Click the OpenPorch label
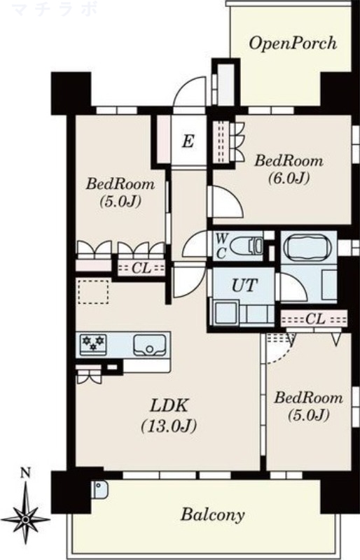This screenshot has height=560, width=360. [293, 43]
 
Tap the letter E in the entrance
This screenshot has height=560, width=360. [188, 141]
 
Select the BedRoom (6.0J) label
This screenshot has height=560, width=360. [289, 169]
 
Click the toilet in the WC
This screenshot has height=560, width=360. [247, 246]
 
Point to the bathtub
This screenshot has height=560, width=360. [308, 246]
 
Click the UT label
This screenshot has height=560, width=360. [244, 285]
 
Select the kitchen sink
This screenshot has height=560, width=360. [149, 345]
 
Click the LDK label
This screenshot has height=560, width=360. [169, 406]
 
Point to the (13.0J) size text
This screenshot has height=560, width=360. [169, 426]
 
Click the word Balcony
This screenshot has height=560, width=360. [213, 514]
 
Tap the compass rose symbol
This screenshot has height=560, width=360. [25, 518]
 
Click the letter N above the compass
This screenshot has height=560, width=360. [25, 474]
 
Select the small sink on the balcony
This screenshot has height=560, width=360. [100, 489]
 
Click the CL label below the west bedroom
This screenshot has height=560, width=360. [141, 268]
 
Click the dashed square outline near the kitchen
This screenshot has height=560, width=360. [93, 292]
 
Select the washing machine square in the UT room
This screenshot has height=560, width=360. [226, 313]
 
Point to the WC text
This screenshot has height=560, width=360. [221, 246]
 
